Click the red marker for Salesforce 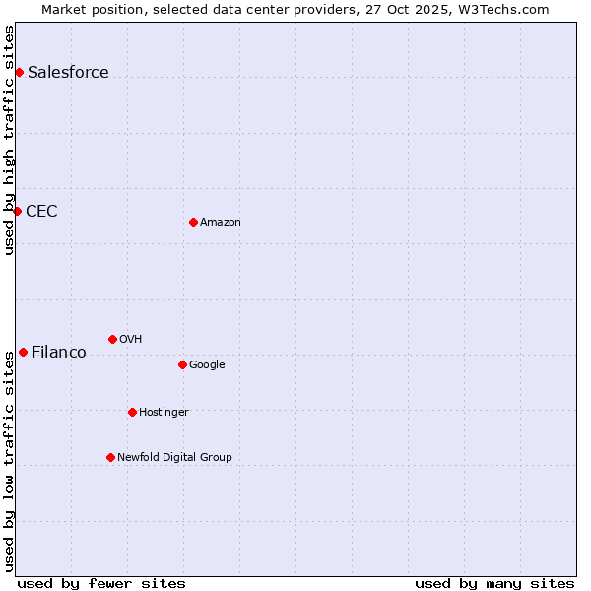click(x=19, y=72)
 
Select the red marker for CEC click(x=17, y=211)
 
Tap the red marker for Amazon click(x=193, y=222)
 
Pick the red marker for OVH click(x=112, y=339)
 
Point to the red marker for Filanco click(x=23, y=352)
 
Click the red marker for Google click(x=182, y=364)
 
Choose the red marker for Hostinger click(x=132, y=412)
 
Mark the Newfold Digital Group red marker click(x=110, y=457)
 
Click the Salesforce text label click(x=68, y=72)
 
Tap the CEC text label click(x=41, y=211)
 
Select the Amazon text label click(x=221, y=222)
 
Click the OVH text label click(x=131, y=339)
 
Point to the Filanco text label click(x=59, y=352)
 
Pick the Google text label click(x=207, y=364)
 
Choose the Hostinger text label click(x=164, y=412)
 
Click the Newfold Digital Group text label click(x=174, y=457)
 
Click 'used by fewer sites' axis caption click(x=101, y=583)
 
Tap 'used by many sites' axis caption click(x=494, y=583)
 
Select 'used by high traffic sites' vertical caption click(x=9, y=140)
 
